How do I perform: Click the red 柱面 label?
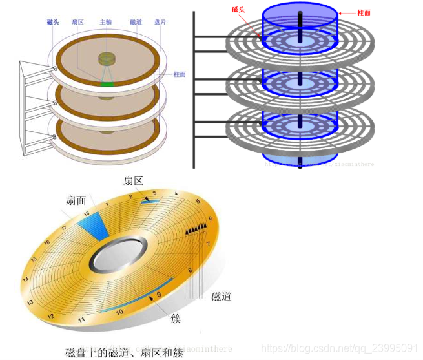pyautogui.click(x=364, y=12)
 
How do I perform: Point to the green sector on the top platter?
pyautogui.click(x=107, y=83)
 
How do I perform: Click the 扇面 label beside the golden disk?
pyautogui.click(x=76, y=201)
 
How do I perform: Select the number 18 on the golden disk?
pyautogui.click(x=87, y=212)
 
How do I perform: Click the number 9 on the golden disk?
pyautogui.click(x=158, y=295)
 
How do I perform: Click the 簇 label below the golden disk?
pyautogui.click(x=176, y=319)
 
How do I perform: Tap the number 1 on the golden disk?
pyautogui.click(x=107, y=203)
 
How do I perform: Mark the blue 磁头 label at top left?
pyautogui.click(x=54, y=22)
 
